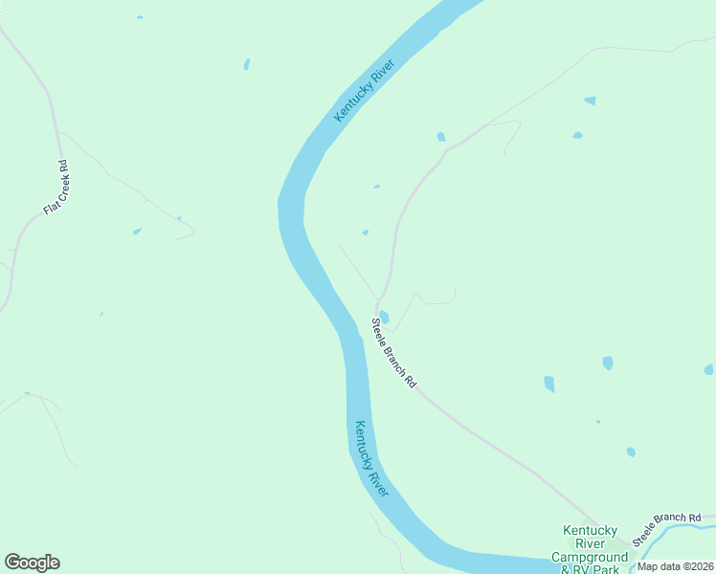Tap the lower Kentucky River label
coord(371,458)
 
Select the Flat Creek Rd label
coord(56,188)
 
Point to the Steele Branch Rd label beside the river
coord(394,351)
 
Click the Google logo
coord(32,563)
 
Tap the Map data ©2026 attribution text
coord(676,566)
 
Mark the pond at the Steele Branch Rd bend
coord(384,317)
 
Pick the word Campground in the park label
coord(590,557)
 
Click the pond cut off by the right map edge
coord(708,369)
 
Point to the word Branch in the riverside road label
coord(394,352)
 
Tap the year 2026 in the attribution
coord(702,566)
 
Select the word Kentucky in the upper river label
coord(354,102)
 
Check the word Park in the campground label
coord(606,569)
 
